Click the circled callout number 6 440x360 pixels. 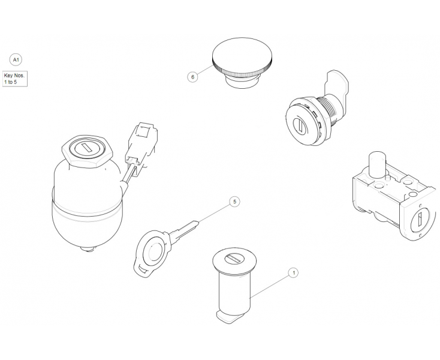pyautogui.click(x=192, y=77)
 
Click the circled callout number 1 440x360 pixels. pyautogui.click(x=293, y=273)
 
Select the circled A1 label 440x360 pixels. pyautogui.click(x=16, y=59)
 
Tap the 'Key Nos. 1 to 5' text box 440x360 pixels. pyautogui.click(x=15, y=79)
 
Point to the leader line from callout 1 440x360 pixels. pyautogui.click(x=270, y=285)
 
